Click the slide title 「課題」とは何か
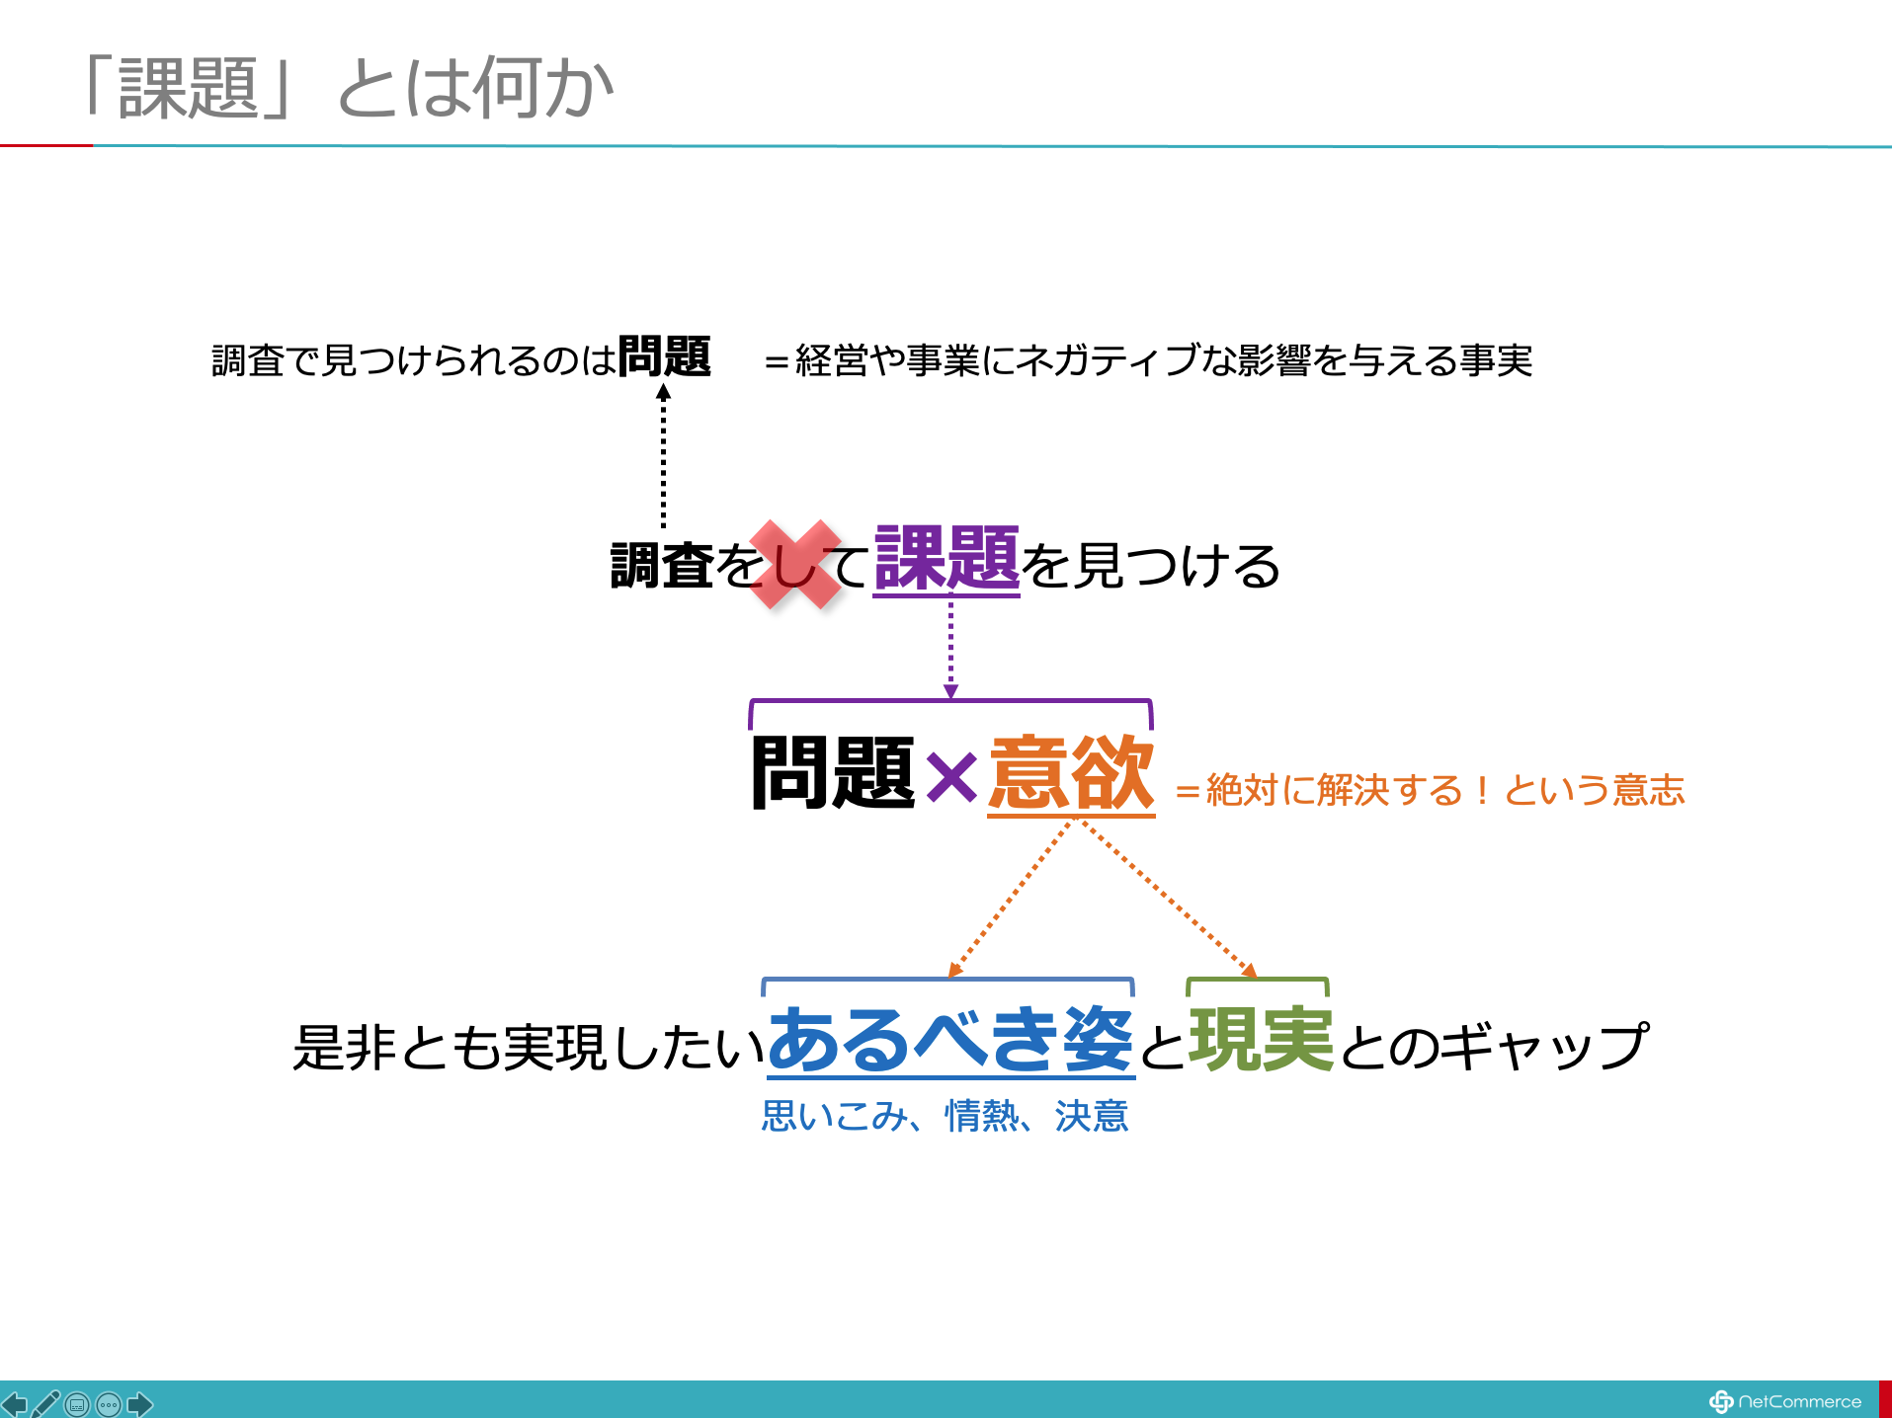click(x=348, y=87)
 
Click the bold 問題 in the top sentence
click(x=664, y=356)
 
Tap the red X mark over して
click(x=795, y=564)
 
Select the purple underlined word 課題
click(x=946, y=559)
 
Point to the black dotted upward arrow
click(x=663, y=455)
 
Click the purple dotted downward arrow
click(x=950, y=650)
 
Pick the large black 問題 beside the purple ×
click(x=833, y=773)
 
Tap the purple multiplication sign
click(x=951, y=776)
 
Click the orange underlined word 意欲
click(x=1071, y=774)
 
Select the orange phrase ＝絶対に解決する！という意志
click(x=1430, y=790)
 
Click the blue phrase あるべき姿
click(x=950, y=1040)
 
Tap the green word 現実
click(x=1262, y=1040)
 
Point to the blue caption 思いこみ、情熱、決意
click(x=945, y=1116)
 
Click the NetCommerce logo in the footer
click(x=1784, y=1401)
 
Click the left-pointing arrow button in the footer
click(x=14, y=1403)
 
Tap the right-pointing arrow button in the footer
click(x=140, y=1403)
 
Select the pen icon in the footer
click(x=45, y=1403)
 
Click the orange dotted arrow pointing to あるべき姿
click(x=1009, y=900)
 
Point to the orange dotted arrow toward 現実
click(x=1170, y=900)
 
